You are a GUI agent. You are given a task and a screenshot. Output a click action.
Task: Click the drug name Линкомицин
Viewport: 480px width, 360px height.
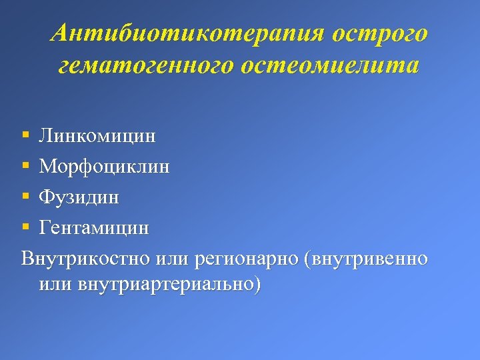[97, 136]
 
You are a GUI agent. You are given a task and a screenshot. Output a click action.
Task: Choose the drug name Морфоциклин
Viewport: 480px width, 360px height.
[104, 167]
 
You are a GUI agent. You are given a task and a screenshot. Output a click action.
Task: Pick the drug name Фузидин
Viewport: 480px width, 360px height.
[79, 197]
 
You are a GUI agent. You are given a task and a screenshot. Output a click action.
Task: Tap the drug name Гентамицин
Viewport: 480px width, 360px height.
[94, 228]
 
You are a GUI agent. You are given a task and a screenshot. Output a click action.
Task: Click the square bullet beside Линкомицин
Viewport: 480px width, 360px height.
[25, 136]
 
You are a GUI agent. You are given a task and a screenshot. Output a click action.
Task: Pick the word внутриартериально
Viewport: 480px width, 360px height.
[165, 285]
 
